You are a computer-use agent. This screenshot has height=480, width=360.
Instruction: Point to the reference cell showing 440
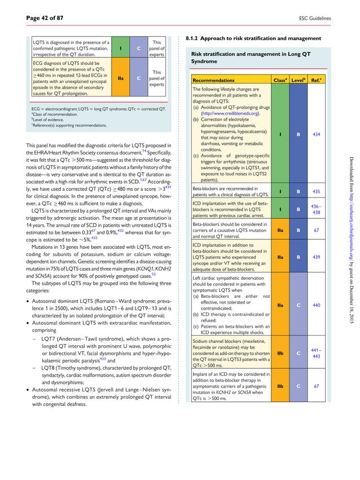(316, 305)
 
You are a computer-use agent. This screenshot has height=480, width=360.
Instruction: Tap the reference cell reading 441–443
(316, 354)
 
